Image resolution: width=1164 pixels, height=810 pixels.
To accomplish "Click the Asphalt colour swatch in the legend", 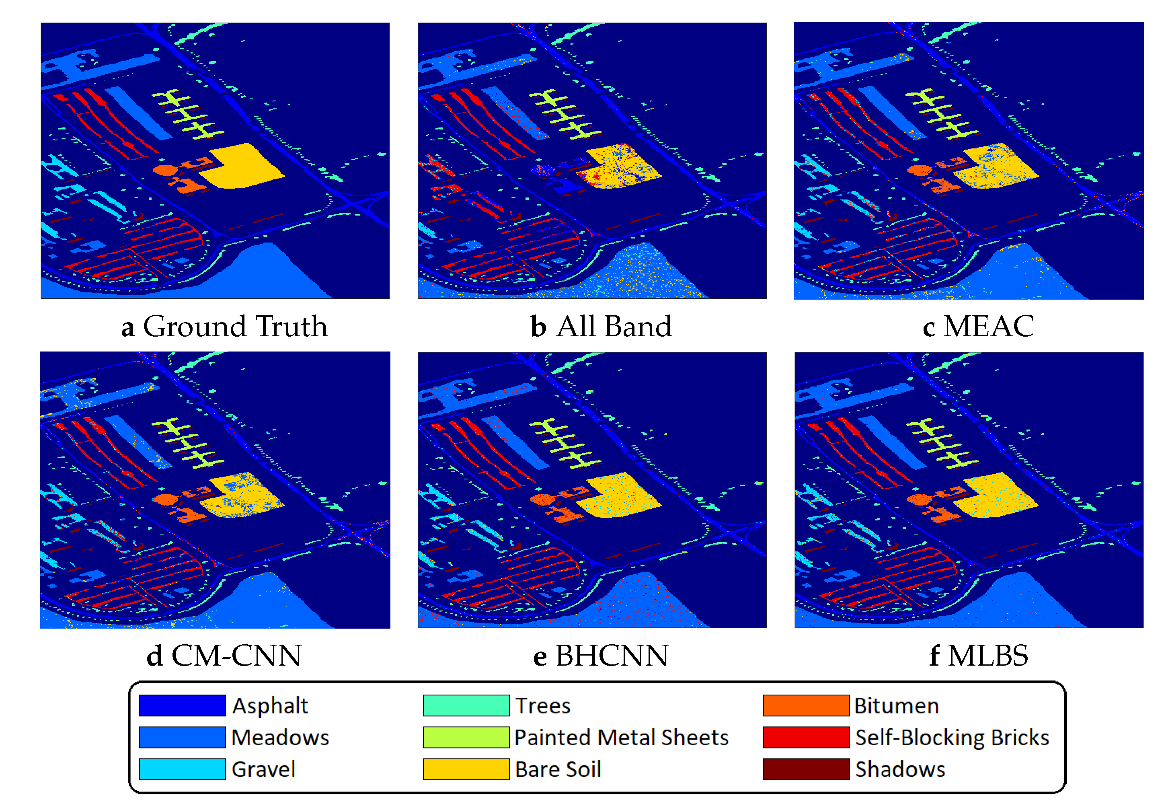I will [x=182, y=705].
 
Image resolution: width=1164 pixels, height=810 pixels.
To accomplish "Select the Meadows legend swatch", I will [x=182, y=737].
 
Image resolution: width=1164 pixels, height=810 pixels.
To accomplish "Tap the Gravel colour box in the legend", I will [x=182, y=769].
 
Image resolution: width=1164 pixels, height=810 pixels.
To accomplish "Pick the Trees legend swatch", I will [x=466, y=705].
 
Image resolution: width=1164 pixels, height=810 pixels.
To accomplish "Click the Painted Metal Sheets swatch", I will [x=466, y=737].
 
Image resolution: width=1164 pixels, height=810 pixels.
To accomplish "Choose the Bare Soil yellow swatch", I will [x=466, y=769].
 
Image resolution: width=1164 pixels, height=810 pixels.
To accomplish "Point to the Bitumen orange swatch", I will [x=806, y=705].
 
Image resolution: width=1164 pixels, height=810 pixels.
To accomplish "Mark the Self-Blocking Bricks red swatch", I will [x=806, y=737].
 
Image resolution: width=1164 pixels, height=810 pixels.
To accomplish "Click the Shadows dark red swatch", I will [x=806, y=769].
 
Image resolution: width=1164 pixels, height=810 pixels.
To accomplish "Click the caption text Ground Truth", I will [x=235, y=326].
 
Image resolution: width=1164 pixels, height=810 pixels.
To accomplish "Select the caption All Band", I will [x=614, y=326].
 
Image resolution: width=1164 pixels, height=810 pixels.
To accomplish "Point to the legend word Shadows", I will [x=900, y=769].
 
